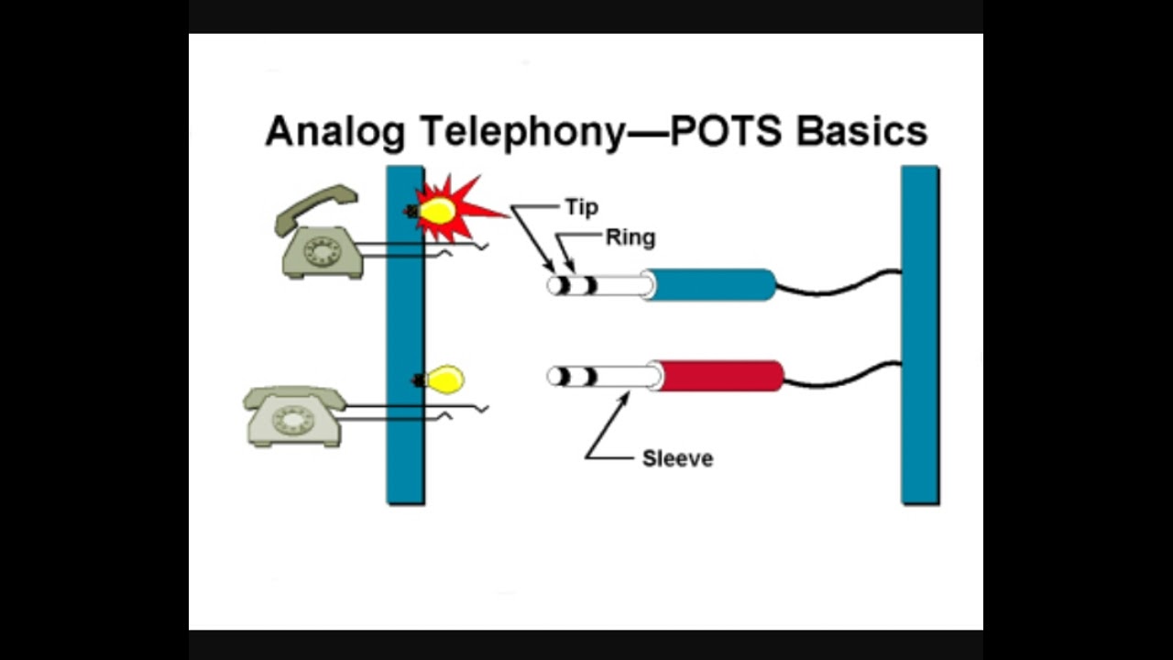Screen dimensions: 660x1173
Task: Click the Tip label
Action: (581, 207)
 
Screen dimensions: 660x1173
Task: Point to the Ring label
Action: (630, 238)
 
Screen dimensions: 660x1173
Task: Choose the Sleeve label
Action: (677, 458)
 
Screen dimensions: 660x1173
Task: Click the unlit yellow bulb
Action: (446, 379)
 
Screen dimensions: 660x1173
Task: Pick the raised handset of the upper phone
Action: (315, 207)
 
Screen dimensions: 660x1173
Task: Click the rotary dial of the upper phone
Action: (322, 250)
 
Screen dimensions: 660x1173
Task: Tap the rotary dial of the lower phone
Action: (293, 420)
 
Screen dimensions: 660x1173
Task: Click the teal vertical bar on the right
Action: (920, 335)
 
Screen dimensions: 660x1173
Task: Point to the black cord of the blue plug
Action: (839, 287)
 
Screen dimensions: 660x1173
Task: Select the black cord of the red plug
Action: (843, 377)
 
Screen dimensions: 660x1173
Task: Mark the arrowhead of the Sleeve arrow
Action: (626, 396)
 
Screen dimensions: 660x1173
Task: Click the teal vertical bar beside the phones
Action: (405, 335)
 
